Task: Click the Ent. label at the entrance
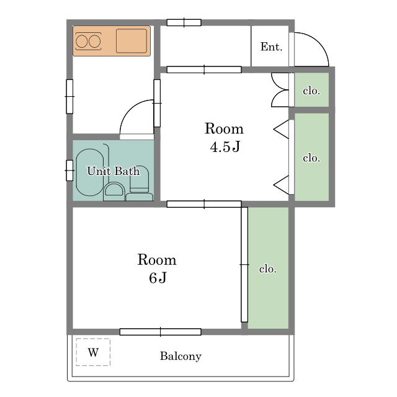pyautogui.click(x=271, y=47)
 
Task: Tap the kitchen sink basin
pyautogui.click(x=132, y=41)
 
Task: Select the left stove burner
pyautogui.click(x=82, y=42)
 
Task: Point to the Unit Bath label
pyautogui.click(x=113, y=171)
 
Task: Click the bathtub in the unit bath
pyautogui.click(x=89, y=172)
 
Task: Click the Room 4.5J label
pyautogui.click(x=224, y=137)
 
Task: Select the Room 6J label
pyautogui.click(x=157, y=269)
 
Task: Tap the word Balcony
pyautogui.click(x=181, y=356)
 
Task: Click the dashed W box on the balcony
pyautogui.click(x=93, y=352)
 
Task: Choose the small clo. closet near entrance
pyautogui.click(x=311, y=90)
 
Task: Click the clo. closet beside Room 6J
pyautogui.click(x=268, y=268)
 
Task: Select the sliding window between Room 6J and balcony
pyautogui.click(x=160, y=332)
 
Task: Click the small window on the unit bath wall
pyautogui.click(x=69, y=171)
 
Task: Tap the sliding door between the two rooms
pyautogui.click(x=204, y=204)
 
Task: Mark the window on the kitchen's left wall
pyautogui.click(x=69, y=97)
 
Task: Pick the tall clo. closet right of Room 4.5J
pyautogui.click(x=311, y=157)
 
